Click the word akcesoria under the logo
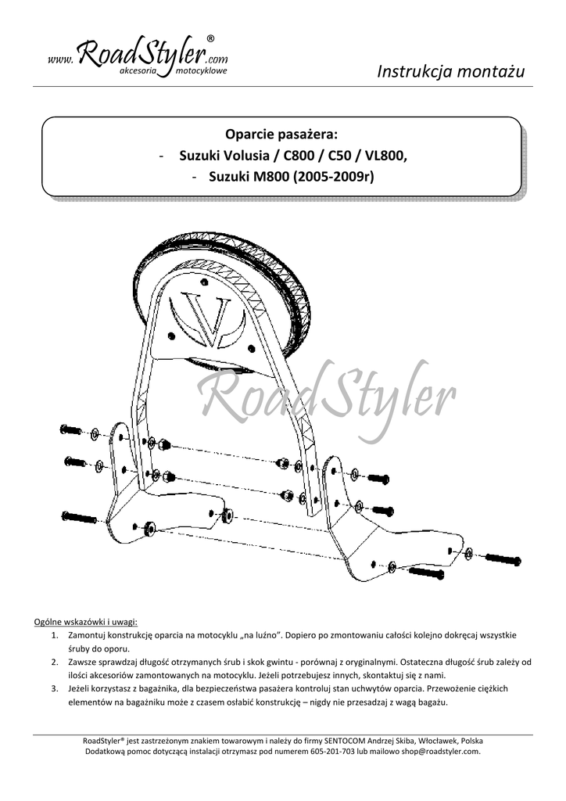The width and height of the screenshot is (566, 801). click(138, 70)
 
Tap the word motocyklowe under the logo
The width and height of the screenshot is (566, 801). click(201, 70)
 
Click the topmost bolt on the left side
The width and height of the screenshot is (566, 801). click(71, 429)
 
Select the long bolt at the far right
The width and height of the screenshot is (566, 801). click(503, 559)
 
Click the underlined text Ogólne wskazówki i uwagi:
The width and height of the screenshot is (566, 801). click(86, 622)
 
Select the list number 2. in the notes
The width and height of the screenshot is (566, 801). click(55, 662)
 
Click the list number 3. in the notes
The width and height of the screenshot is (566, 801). click(55, 688)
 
